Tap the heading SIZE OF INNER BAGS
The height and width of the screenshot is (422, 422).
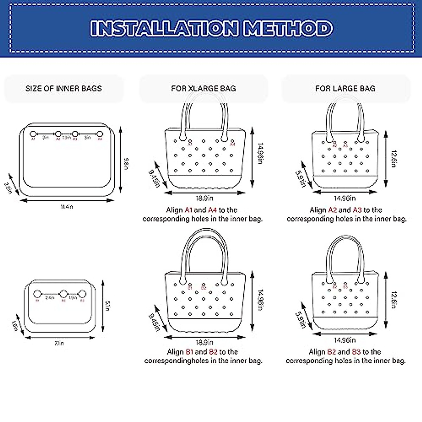click(63, 89)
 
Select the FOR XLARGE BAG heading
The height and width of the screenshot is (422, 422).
click(203, 89)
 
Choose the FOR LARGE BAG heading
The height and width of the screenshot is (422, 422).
click(345, 89)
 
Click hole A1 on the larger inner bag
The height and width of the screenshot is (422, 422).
click(33, 134)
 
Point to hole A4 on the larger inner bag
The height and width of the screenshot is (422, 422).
click(100, 134)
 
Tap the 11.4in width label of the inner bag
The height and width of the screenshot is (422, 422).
click(66, 207)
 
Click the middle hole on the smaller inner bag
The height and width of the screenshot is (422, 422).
click(63, 294)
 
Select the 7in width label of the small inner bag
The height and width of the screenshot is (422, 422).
click(59, 343)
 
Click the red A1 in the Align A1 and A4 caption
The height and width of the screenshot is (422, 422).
click(188, 210)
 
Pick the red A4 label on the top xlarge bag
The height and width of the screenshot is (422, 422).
click(232, 144)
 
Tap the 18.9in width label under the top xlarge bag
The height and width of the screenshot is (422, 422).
click(204, 198)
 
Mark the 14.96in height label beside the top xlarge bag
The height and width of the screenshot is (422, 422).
click(260, 153)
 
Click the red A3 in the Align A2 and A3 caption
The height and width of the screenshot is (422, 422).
click(357, 210)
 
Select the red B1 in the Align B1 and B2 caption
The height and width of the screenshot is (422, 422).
click(189, 352)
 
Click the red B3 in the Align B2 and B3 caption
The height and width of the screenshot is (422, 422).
click(356, 352)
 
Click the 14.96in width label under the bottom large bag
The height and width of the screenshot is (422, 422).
click(345, 340)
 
